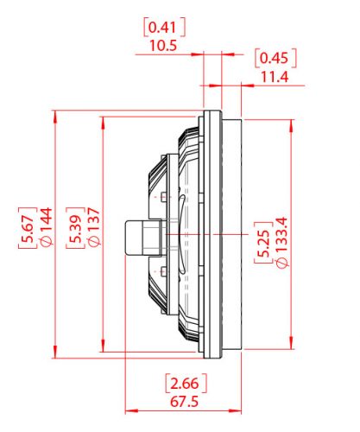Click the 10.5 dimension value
[x=162, y=45]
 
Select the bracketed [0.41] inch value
[x=162, y=27]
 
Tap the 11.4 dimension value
[x=275, y=77]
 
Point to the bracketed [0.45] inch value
[x=275, y=59]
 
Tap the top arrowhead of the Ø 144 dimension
[x=55, y=115]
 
